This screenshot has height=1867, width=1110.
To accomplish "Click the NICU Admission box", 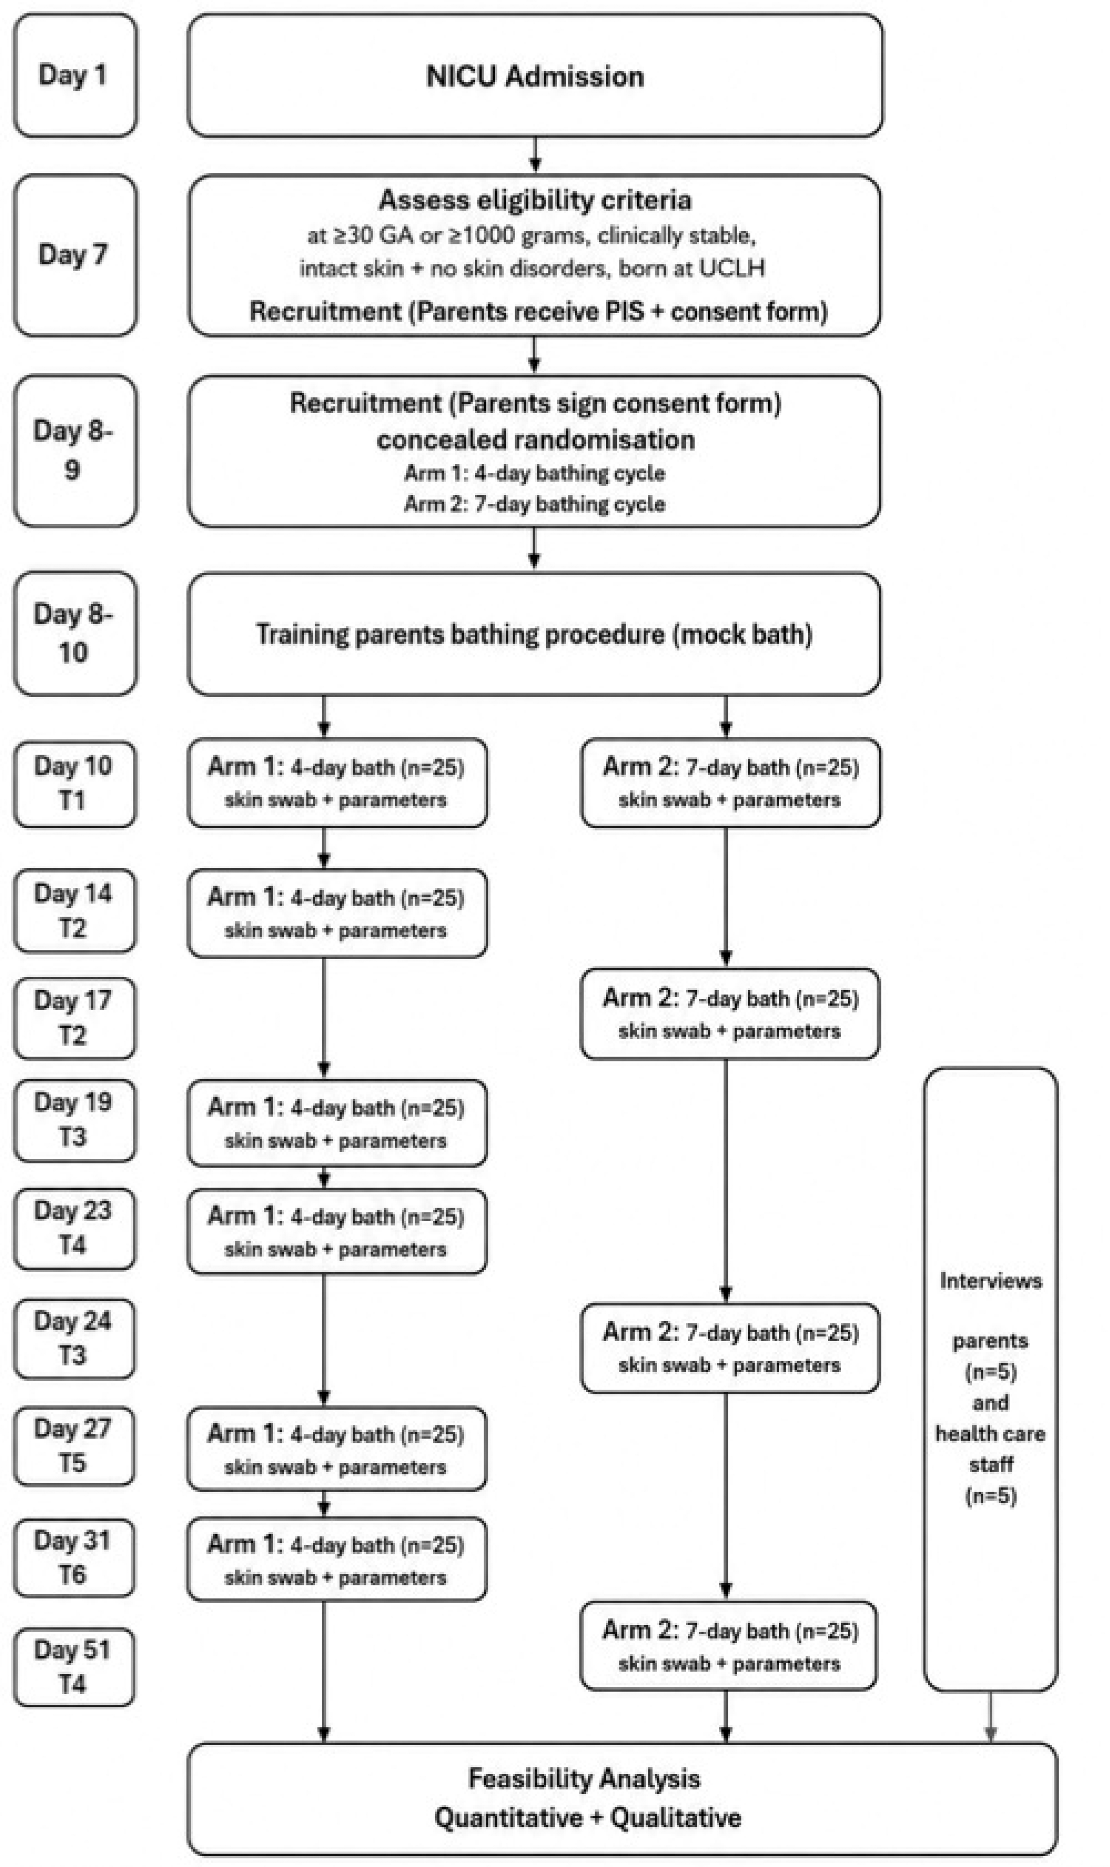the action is point(535,76).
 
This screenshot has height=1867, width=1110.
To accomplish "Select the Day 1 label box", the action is point(75,76).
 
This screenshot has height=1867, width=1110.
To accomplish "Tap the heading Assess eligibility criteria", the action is point(535,200).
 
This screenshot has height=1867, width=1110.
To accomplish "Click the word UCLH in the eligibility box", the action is point(731,268).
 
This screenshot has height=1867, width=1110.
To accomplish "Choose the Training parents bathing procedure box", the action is point(534,634).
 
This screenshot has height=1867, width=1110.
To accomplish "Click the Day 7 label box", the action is point(75,255).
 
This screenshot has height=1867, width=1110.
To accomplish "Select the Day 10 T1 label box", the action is point(75,784).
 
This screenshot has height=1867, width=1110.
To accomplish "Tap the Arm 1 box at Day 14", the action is point(337,913).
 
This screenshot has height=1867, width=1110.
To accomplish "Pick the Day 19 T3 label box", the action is point(75,1120).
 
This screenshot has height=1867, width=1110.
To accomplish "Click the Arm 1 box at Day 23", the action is point(337,1232).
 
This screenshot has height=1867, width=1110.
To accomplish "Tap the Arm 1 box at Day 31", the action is point(337,1559).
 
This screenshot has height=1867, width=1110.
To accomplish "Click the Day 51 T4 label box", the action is point(75,1667).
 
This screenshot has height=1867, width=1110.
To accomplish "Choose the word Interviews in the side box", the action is point(991,1281).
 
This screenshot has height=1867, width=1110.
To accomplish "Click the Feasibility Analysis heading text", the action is point(584,1778).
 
